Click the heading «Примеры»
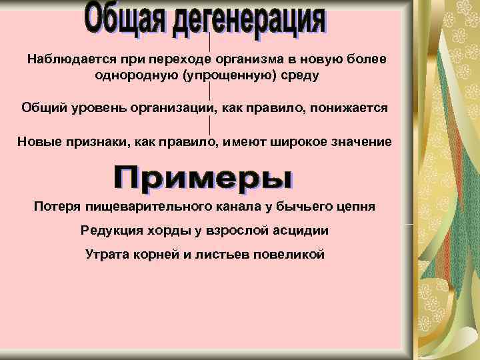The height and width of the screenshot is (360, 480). [x=204, y=177]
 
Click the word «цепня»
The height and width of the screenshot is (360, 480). [x=355, y=206]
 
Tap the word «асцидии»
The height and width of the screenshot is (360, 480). [x=302, y=230]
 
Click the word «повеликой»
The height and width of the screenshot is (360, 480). [x=289, y=254]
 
